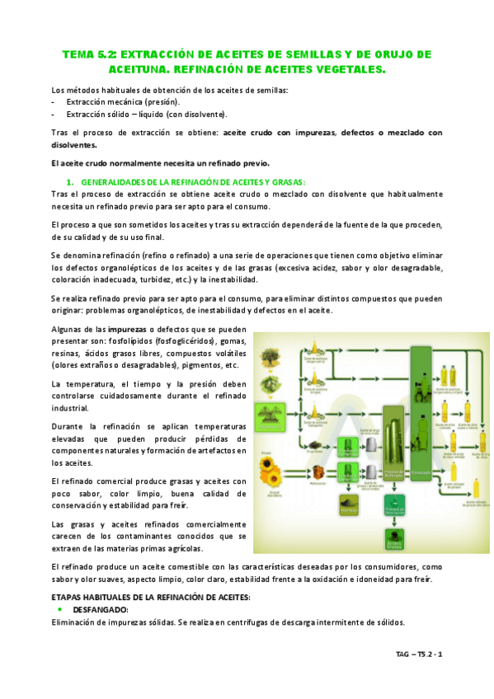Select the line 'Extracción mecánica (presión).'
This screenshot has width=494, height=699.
123,101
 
